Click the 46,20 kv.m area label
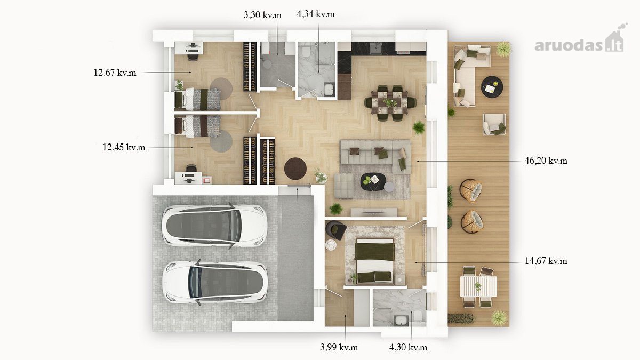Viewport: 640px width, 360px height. [546, 161]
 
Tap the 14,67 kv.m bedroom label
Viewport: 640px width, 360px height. [546, 261]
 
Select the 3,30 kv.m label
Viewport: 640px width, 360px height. [262, 15]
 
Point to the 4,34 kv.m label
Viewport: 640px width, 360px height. [315, 14]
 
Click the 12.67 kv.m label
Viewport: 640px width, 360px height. [115, 73]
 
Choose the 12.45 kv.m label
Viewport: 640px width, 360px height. [124, 147]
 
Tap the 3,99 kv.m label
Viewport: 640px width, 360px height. [339, 347]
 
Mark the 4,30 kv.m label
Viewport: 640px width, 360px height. [408, 347]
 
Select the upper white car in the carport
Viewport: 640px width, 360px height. [214, 225]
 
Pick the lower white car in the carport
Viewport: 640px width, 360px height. [215, 282]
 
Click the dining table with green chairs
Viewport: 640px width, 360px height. [390, 102]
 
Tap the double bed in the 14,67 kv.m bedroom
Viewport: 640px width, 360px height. [374, 261]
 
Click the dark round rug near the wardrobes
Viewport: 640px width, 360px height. [295, 169]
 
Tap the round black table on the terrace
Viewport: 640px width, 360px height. [492, 87]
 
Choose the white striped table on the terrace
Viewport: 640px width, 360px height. [478, 286]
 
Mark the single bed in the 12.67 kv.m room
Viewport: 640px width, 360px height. [197, 99]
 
